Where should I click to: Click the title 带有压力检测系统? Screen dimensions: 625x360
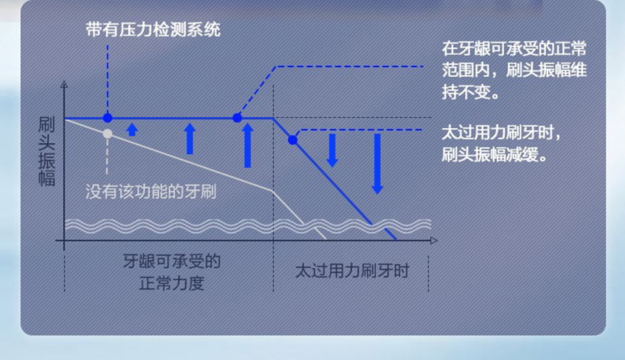(153, 30)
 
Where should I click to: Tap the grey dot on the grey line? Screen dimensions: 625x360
(107, 133)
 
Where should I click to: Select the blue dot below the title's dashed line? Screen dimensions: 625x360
(107, 118)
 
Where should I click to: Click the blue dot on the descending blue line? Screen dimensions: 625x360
(292, 140)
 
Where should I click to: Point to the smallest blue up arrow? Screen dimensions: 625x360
(132, 130)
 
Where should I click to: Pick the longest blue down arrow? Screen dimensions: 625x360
(377, 164)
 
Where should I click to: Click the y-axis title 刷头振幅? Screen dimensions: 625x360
(46, 152)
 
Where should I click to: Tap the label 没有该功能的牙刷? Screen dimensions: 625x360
(150, 192)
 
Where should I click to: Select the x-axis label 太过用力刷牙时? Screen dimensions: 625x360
(352, 271)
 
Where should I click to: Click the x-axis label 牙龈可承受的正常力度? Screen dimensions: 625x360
(171, 272)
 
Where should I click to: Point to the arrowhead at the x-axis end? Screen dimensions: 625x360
(434, 240)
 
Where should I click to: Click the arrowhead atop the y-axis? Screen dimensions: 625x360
(64, 84)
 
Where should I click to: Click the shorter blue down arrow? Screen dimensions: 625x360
(332, 150)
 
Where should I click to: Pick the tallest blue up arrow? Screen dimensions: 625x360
(247, 145)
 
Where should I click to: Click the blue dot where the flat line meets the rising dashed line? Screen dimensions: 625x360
(237, 118)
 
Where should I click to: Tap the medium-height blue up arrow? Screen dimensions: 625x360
(189, 139)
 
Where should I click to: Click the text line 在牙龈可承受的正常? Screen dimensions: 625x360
(514, 49)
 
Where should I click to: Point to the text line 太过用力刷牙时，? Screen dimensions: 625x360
(501, 133)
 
